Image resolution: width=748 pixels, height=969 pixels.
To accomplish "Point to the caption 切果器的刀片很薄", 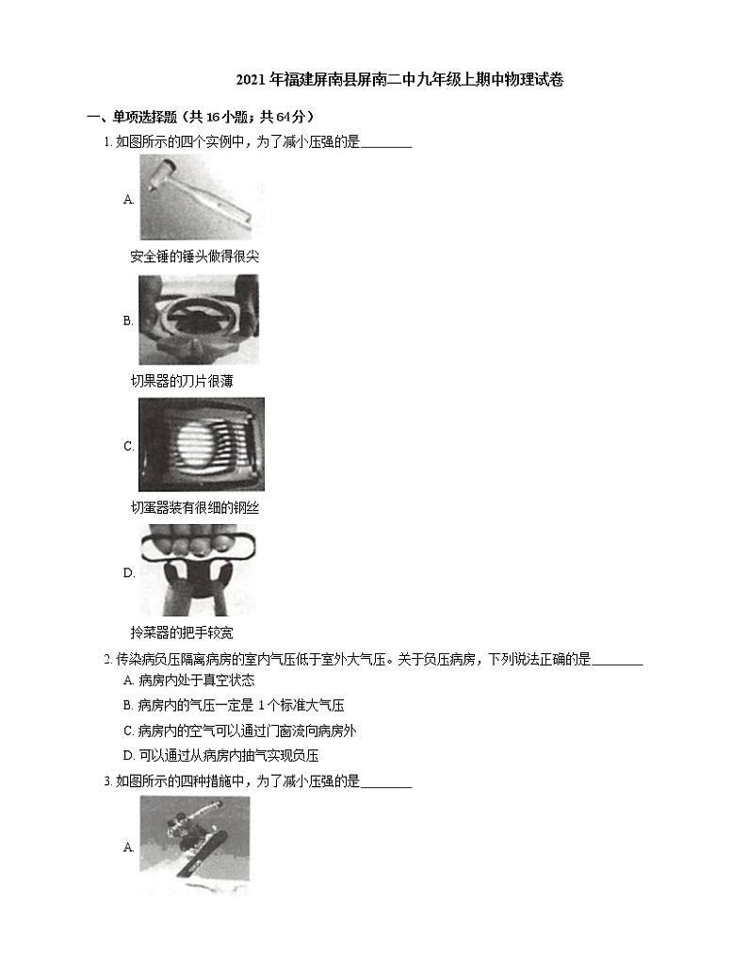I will pos(181,382).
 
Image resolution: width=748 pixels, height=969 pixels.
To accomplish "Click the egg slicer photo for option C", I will pos(202,445).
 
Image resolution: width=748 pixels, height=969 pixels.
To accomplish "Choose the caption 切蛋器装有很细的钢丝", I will pos(194,508).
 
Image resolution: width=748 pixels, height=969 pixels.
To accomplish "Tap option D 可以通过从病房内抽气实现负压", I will pos(221,755).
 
